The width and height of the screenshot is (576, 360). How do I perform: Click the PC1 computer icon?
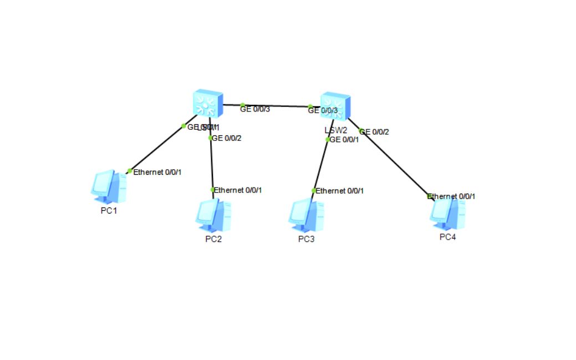tap(108, 187)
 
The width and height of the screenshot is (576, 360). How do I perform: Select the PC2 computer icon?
tap(213, 215)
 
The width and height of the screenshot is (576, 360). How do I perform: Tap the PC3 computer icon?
tap(306, 215)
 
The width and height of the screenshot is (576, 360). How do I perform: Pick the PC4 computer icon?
tap(448, 214)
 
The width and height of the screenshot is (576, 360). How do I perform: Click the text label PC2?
tap(213, 239)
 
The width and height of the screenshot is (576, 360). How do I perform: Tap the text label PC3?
tap(306, 239)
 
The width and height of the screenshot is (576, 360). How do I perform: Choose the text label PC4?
tap(448, 237)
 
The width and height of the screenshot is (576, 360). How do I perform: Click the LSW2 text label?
tap(335, 130)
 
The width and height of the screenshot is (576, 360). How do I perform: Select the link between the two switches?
tap(276, 105)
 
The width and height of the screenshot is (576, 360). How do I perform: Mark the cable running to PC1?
tap(156, 149)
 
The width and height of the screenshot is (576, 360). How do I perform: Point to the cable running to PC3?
tap(320, 165)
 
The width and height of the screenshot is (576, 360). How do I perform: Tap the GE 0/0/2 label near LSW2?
tap(375, 132)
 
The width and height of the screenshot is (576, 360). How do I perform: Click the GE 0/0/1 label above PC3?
tap(344, 139)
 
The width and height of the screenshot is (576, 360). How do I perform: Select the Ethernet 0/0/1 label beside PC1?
tap(157, 172)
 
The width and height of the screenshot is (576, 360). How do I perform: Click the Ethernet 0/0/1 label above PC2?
tap(238, 190)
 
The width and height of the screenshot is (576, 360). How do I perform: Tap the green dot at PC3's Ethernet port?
tap(314, 190)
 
